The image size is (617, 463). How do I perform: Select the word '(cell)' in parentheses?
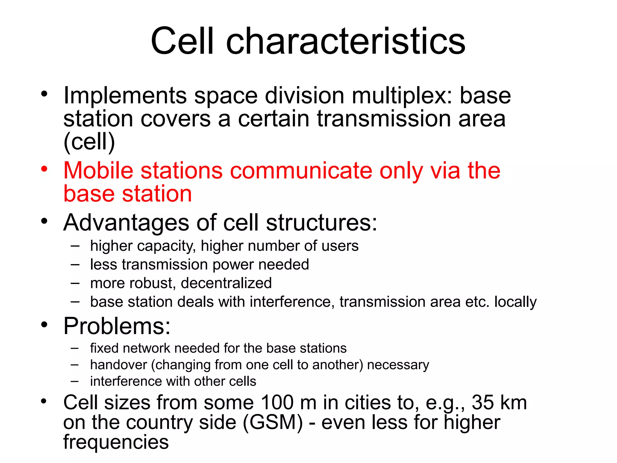(x=89, y=142)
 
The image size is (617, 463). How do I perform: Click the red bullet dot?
(x=44, y=169)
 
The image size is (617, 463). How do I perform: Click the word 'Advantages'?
(x=126, y=223)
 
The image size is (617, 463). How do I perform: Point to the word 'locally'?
(x=515, y=302)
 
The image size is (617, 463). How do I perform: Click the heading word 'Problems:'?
(x=117, y=326)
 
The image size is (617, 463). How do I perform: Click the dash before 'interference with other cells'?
(x=75, y=382)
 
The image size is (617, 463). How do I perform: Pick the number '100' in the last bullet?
(x=277, y=403)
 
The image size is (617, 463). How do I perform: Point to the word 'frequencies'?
(x=116, y=442)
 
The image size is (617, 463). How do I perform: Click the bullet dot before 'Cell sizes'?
(x=44, y=401)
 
